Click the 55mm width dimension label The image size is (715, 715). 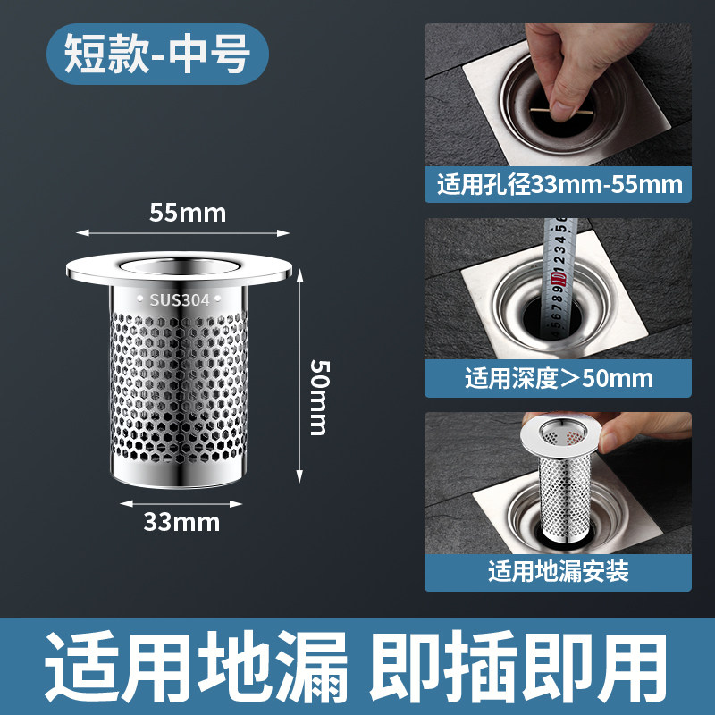[188, 213]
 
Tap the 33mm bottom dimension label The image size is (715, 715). [181, 522]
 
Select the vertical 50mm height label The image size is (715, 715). [320, 398]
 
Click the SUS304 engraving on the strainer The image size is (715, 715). [180, 299]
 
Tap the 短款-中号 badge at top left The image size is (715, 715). [157, 54]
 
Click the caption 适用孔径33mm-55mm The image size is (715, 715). [559, 185]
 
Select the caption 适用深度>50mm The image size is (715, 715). [559, 378]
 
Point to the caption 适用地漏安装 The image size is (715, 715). [558, 571]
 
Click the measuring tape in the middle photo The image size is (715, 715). [558, 278]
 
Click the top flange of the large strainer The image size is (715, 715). [179, 269]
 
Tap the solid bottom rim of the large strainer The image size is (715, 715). [180, 475]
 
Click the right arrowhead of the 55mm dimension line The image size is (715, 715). [283, 233]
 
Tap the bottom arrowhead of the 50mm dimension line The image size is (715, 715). [299, 476]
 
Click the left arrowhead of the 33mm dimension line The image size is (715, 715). [126, 503]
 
